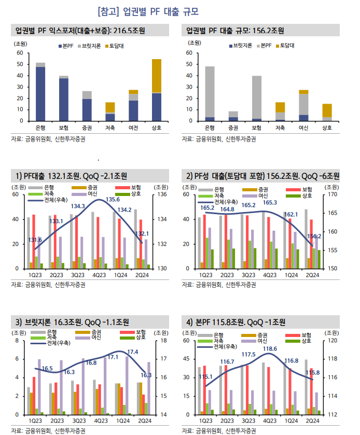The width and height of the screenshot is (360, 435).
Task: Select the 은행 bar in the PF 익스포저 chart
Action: [x=40, y=93]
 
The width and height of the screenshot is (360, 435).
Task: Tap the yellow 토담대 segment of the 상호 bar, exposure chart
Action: [x=156, y=76]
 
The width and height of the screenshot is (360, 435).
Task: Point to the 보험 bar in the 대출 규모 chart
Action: [x=256, y=99]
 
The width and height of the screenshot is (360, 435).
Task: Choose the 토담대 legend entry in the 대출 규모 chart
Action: [x=285, y=46]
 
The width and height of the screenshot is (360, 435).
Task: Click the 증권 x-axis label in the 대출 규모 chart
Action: [x=233, y=128]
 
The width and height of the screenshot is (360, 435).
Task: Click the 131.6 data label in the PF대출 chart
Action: [x=35, y=240]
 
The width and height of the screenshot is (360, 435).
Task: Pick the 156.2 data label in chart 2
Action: [x=314, y=236]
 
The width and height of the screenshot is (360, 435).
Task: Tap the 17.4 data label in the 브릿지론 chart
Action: [x=133, y=352]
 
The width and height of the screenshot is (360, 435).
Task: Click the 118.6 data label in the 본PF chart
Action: [x=270, y=349]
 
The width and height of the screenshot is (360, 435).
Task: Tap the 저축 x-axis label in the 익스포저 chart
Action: [x=109, y=128]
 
